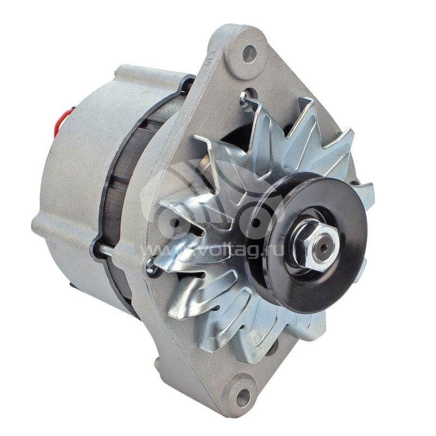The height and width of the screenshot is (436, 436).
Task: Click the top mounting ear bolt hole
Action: pos(250,53)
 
